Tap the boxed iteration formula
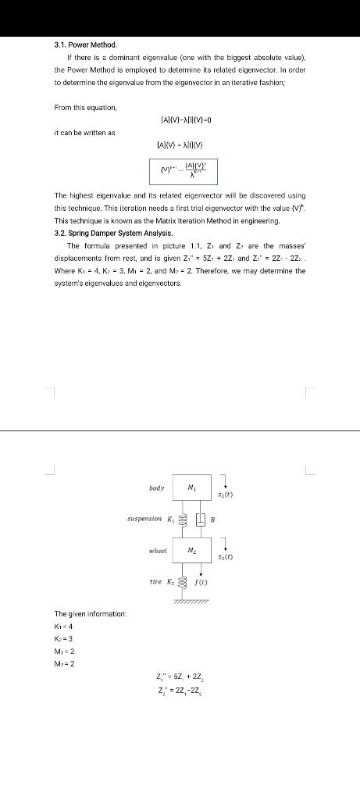click(184, 170)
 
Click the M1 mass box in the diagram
click(191, 488)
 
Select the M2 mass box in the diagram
click(191, 550)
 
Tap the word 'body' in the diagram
click(156, 488)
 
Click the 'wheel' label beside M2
click(158, 551)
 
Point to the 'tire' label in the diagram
click(155, 581)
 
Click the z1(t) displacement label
click(225, 495)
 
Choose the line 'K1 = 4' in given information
click(63, 627)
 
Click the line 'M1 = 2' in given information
click(64, 652)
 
